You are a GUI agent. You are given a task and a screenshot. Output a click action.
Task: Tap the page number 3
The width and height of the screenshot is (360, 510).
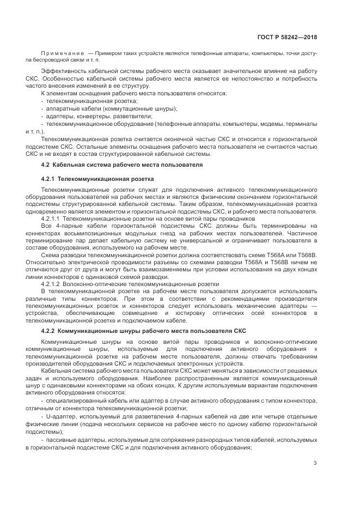coord(315,464)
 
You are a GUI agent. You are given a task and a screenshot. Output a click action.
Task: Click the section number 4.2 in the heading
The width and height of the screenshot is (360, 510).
coord(46,164)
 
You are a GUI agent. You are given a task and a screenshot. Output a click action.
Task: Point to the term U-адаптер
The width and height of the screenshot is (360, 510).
coord(62,416)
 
